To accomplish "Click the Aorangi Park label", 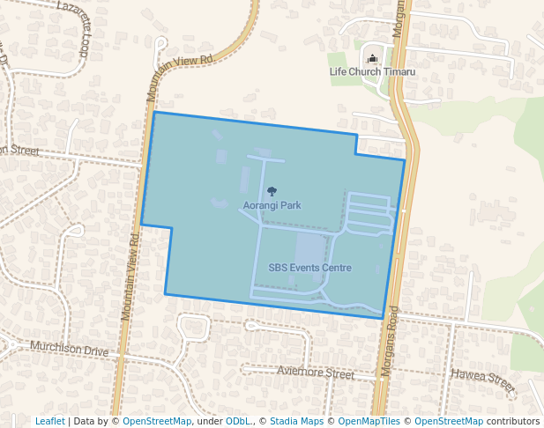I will [x=272, y=205].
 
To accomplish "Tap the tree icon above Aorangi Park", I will [x=272, y=191].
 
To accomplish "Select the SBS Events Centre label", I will [x=309, y=268].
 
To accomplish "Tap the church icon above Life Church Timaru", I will [x=371, y=59].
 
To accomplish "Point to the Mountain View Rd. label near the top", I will [x=181, y=77].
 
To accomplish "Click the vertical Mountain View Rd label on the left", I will [x=130, y=275].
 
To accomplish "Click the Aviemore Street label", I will [x=315, y=373].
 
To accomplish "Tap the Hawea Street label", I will [x=482, y=380].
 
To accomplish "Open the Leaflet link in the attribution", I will [x=49, y=421].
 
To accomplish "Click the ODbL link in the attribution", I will [x=238, y=421].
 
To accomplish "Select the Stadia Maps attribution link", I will [x=297, y=421].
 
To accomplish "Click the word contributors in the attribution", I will [x=512, y=421].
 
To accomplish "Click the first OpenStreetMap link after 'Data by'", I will [x=157, y=421].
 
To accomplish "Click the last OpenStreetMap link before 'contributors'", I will [x=449, y=421].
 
